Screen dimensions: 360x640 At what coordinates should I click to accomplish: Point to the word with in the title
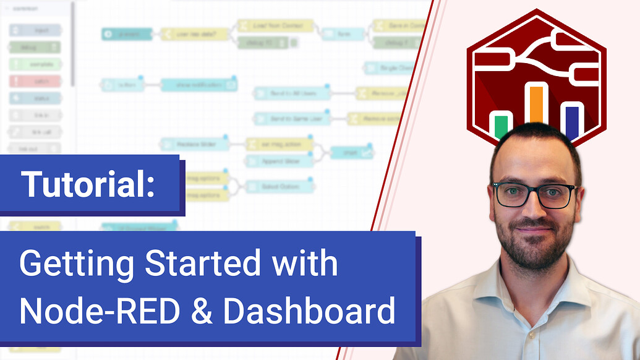point(309,265)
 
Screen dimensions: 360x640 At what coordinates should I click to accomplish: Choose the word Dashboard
point(309,311)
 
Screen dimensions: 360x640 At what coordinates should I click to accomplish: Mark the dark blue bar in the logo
point(572,121)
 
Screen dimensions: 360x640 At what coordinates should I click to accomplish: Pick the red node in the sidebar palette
point(35,81)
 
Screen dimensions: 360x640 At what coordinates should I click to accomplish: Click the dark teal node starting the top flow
point(127,34)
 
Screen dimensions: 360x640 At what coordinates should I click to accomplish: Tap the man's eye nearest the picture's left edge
point(513,195)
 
